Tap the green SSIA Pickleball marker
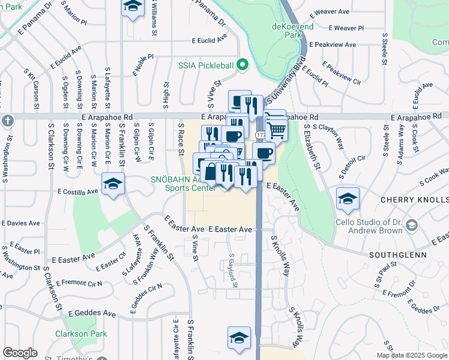(x=243, y=64)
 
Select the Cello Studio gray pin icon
(x=411, y=225)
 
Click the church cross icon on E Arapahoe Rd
(x=7, y=119)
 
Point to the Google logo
(x=20, y=353)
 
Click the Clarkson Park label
(x=80, y=334)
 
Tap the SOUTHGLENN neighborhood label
(x=391, y=254)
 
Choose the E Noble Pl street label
(x=144, y=64)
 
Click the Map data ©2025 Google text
(x=411, y=355)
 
